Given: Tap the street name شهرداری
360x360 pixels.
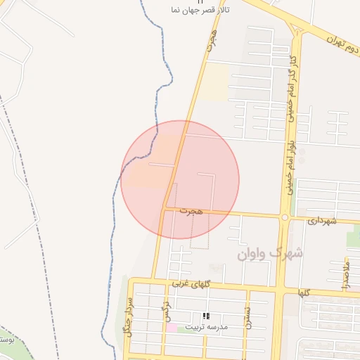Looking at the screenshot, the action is (322, 220).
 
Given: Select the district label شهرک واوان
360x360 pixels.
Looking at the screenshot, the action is (270, 252).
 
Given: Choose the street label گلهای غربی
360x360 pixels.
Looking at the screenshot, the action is (191, 283).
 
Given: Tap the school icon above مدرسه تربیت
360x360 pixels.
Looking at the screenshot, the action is (206, 316).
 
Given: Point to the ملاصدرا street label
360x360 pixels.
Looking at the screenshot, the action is (345, 273).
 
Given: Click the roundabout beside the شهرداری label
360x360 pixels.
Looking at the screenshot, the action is (284, 218).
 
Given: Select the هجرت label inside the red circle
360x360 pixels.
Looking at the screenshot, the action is (191, 210).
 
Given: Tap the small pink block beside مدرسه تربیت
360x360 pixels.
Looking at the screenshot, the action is (171, 328).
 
